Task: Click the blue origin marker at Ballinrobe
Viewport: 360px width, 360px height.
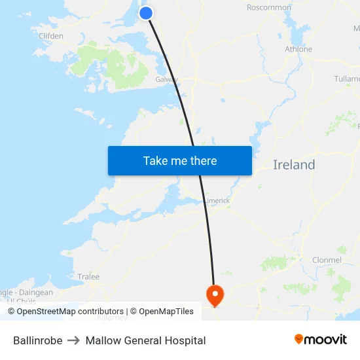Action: point(146,12)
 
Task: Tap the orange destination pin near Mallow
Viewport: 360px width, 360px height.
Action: point(215,294)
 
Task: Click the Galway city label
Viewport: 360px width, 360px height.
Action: point(166,79)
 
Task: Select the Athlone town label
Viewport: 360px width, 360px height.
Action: point(298,49)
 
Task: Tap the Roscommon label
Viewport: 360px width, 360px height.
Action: point(269,8)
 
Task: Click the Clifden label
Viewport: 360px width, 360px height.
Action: point(51,36)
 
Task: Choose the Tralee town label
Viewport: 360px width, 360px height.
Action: point(88,277)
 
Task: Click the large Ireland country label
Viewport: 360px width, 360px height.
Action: point(294,165)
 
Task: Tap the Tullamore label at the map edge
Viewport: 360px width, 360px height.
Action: point(346,79)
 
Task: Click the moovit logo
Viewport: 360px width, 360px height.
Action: point(321,339)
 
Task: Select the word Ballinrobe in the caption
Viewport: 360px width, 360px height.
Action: point(38,340)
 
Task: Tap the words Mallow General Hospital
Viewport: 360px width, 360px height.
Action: point(145,340)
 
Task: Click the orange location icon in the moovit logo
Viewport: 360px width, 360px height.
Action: point(299,339)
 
